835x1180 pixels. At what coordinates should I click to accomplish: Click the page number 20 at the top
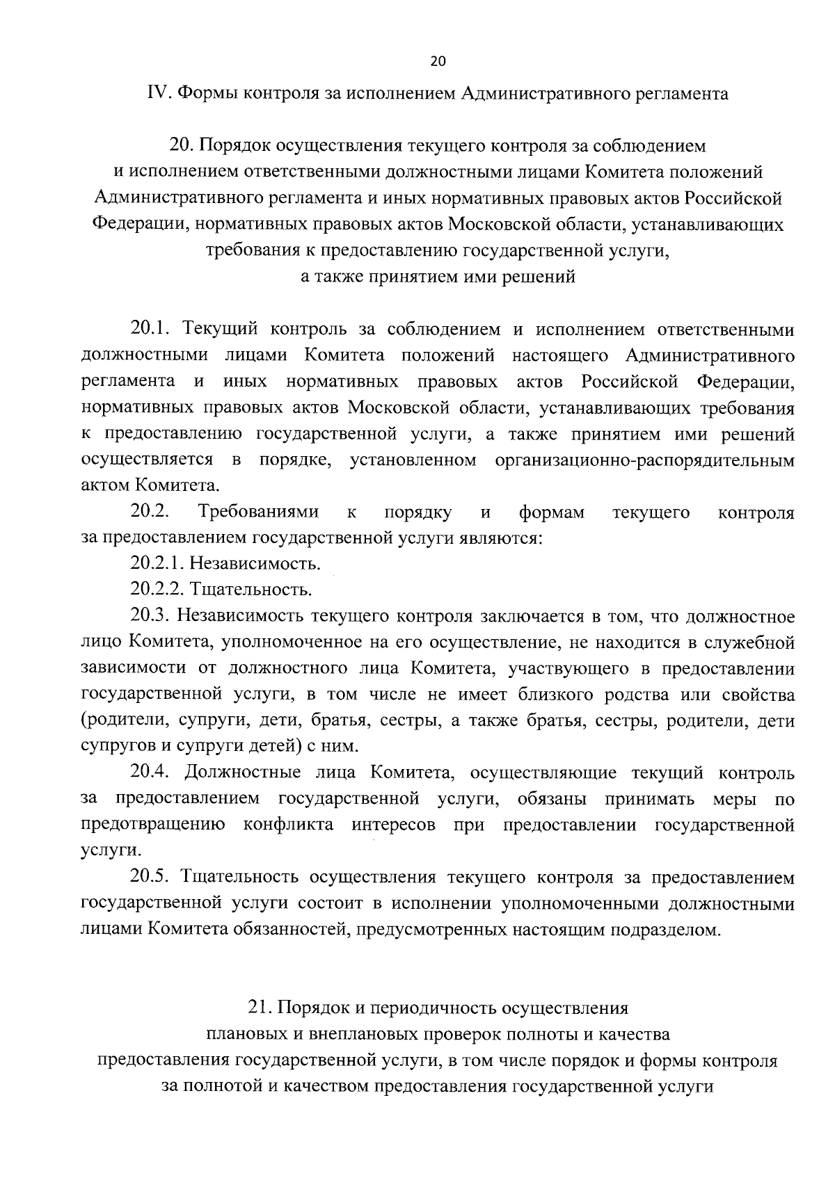(x=438, y=61)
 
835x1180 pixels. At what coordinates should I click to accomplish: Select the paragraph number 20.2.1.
(x=157, y=564)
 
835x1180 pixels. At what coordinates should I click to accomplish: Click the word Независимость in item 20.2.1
(x=255, y=564)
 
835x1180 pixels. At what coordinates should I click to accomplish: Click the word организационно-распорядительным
(x=644, y=460)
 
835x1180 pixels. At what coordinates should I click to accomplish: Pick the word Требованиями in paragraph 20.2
(x=259, y=512)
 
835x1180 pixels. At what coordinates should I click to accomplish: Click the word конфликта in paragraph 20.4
(x=288, y=825)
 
